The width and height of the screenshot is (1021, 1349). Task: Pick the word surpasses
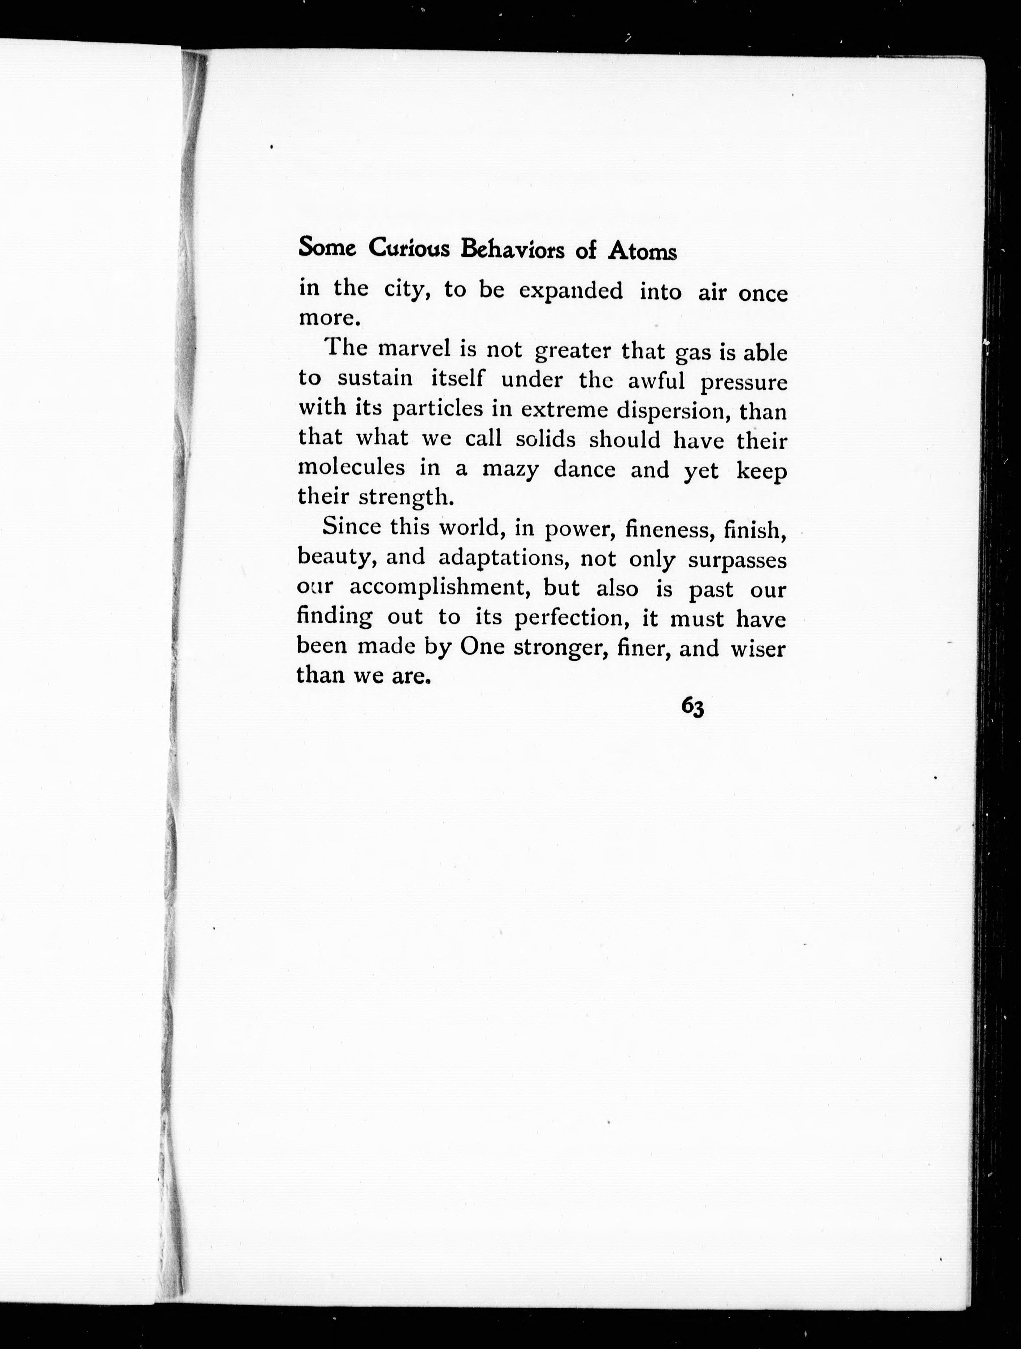coord(737,559)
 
